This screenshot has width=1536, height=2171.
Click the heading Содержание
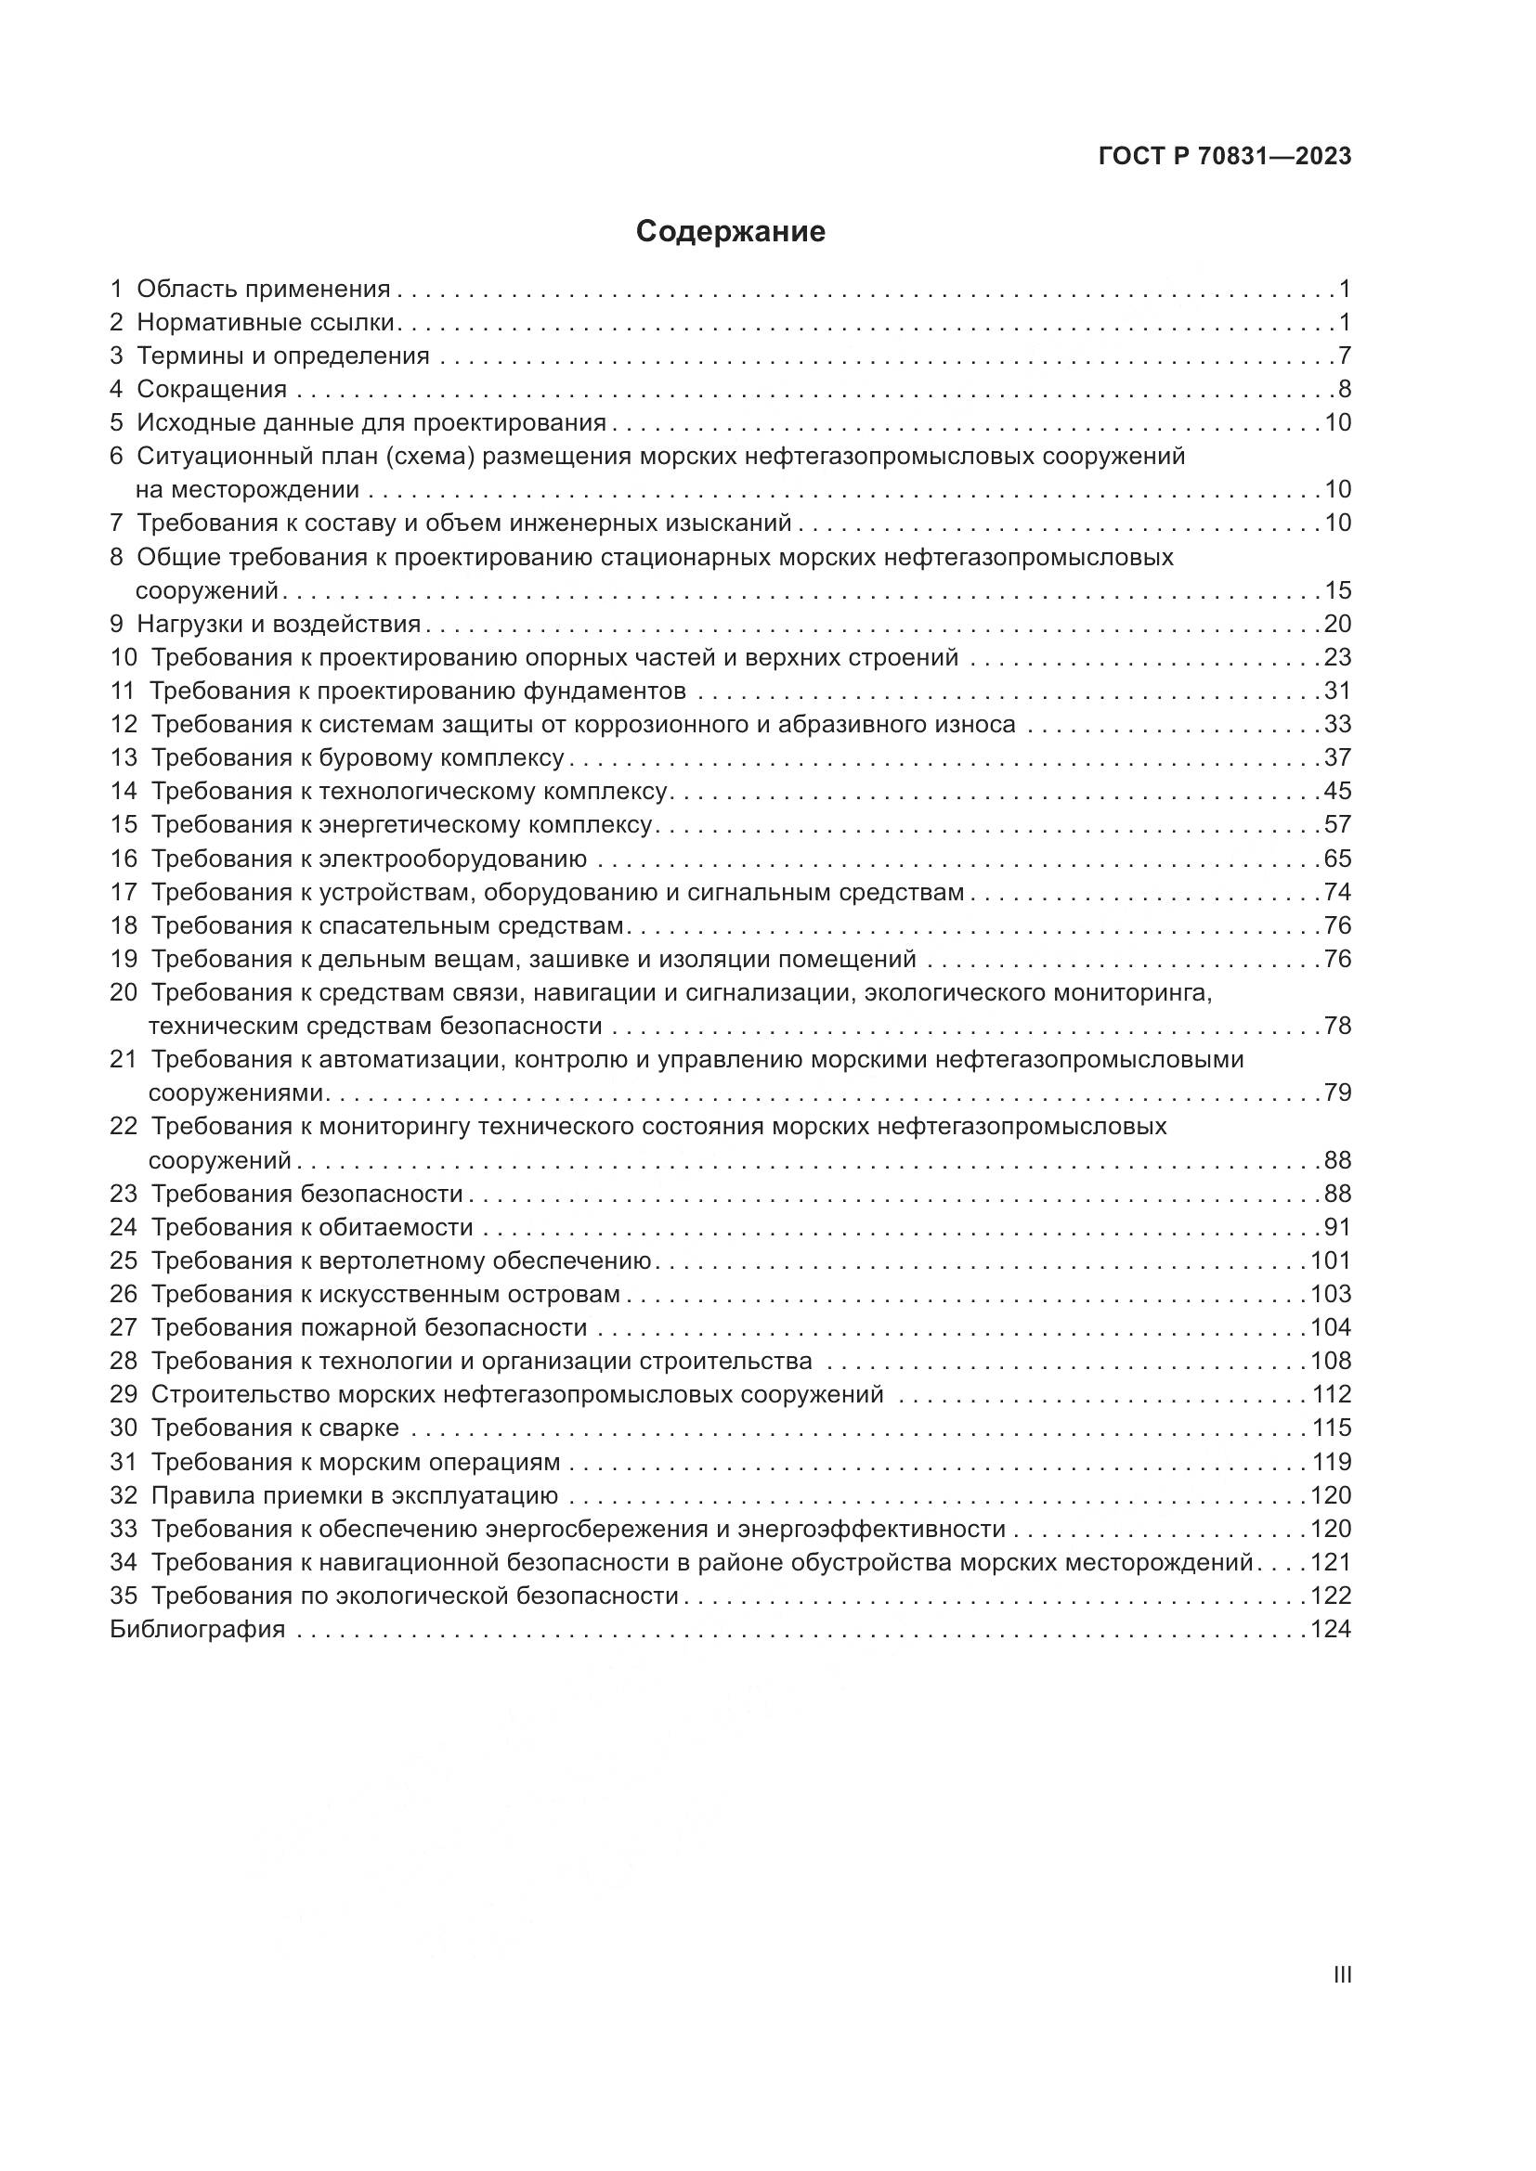730,232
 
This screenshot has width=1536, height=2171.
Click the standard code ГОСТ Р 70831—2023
1225,157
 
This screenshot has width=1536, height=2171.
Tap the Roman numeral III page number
1341,1975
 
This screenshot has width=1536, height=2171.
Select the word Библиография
198,1629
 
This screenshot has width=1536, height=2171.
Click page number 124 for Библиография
1331,1629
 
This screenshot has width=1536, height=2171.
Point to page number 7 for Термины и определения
1344,356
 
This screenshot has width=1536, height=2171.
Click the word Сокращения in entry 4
212,390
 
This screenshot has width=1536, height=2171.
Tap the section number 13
124,758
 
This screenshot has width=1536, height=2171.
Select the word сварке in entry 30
360,1428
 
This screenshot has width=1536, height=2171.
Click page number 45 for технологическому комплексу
1337,792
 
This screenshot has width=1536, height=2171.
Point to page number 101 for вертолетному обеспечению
1331,1260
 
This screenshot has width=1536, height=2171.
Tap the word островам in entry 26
566,1294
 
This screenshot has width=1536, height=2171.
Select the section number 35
124,1596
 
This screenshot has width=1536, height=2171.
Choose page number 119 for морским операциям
1331,1462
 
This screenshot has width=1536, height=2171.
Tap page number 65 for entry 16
1337,859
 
